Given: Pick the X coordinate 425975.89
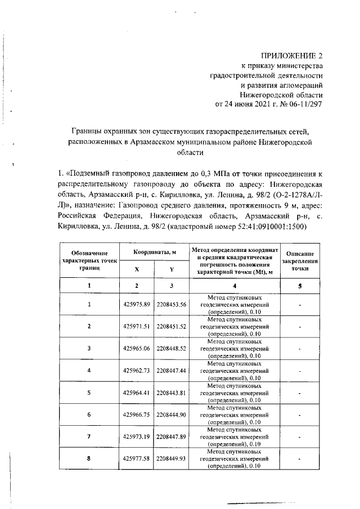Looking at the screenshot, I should (x=136, y=304).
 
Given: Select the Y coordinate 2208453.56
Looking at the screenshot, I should (x=171, y=304).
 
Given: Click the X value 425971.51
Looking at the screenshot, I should (x=136, y=326).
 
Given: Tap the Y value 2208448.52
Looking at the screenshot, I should (x=171, y=348).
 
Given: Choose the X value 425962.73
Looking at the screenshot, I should (x=136, y=370).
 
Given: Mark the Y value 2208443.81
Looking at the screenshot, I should (x=171, y=393).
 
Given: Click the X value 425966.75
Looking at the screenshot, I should (x=136, y=415).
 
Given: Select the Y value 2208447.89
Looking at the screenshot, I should (x=171, y=436).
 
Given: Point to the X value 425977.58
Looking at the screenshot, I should (x=136, y=458).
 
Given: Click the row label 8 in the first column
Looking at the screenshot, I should (x=89, y=458).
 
